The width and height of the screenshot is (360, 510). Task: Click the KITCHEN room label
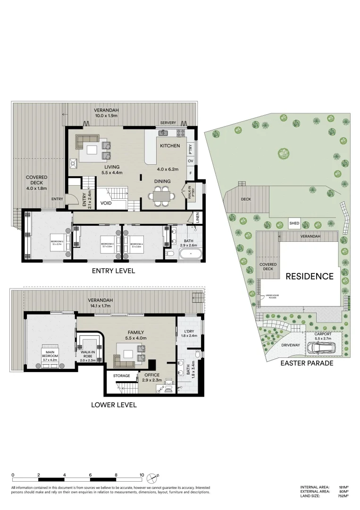coord(170,146)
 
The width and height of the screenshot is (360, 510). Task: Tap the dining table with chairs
coord(161,196)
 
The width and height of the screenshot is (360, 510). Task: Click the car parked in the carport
coord(321,348)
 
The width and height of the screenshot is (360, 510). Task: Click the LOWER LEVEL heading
coord(114,405)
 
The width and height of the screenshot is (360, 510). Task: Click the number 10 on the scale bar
coord(142,475)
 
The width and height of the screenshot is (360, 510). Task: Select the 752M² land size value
coord(343,496)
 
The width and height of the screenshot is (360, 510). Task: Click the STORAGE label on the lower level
coord(122,376)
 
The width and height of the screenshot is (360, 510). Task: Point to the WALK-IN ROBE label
coord(88,355)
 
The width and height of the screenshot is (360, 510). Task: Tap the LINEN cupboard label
coord(197,219)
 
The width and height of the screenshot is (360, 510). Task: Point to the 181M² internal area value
coord(343,487)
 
